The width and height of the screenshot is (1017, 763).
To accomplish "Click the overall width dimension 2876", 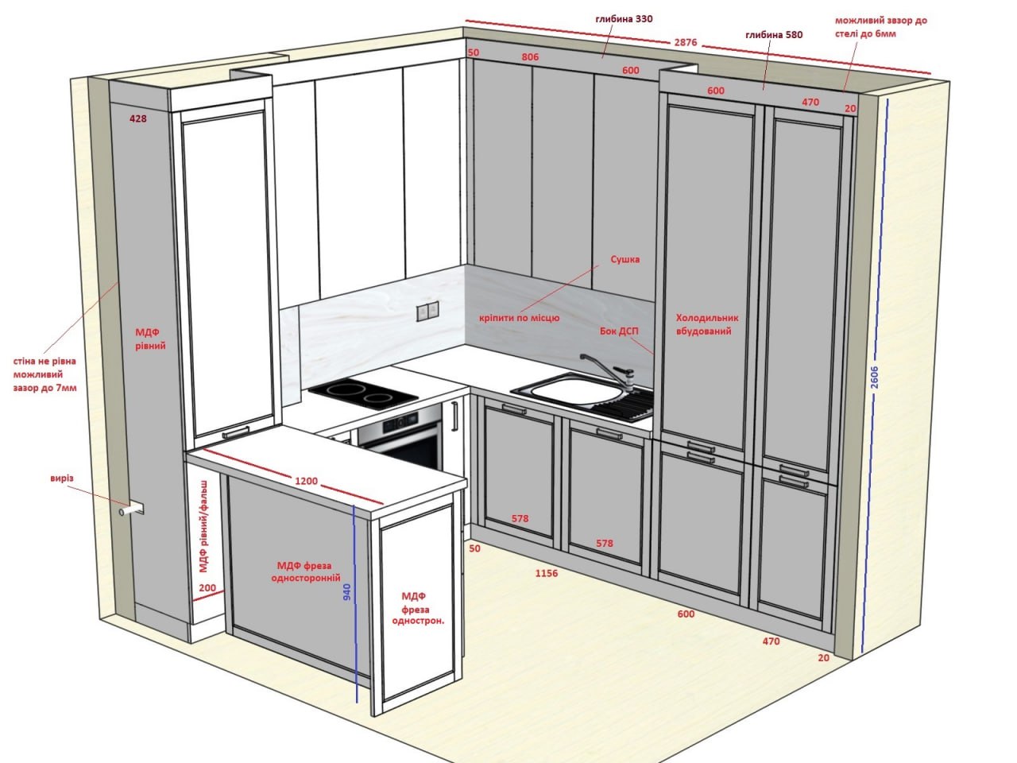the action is coord(685,42).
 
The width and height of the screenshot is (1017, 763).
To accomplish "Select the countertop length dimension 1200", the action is coord(306,481).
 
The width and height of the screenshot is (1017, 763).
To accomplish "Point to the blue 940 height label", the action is coord(347,592).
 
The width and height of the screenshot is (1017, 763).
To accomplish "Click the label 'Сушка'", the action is coord(625,259).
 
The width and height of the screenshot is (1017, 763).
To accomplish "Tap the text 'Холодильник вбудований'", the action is coord(707,324).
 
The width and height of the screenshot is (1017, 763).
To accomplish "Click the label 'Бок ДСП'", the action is coord(619,331).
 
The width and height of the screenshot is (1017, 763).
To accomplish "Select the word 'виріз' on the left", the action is coord(62,478).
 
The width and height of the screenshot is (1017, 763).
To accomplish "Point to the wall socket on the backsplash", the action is coord(427,312).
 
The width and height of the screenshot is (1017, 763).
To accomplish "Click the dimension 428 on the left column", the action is coord(138,118).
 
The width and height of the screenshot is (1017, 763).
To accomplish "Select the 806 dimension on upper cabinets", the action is coord(530,57).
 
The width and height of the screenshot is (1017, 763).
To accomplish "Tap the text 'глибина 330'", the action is coord(624,19).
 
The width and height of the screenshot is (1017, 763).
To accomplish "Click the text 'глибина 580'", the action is coord(774,35).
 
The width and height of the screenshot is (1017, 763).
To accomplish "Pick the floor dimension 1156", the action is coord(547,574).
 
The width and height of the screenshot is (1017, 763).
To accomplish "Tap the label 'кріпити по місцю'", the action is coord(519,318).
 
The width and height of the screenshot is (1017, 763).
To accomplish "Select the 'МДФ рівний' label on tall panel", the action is coord(150,339).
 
